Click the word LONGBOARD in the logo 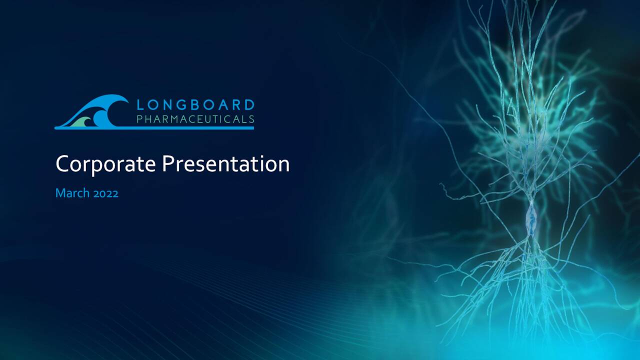click(x=195, y=105)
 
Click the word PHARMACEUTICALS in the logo click(x=195, y=119)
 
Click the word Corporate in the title click(x=105, y=164)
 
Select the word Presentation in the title click(x=225, y=164)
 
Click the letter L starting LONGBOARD click(x=140, y=105)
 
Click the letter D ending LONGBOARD click(x=249, y=105)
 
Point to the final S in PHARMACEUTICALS click(x=251, y=119)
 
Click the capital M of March click(x=60, y=193)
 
